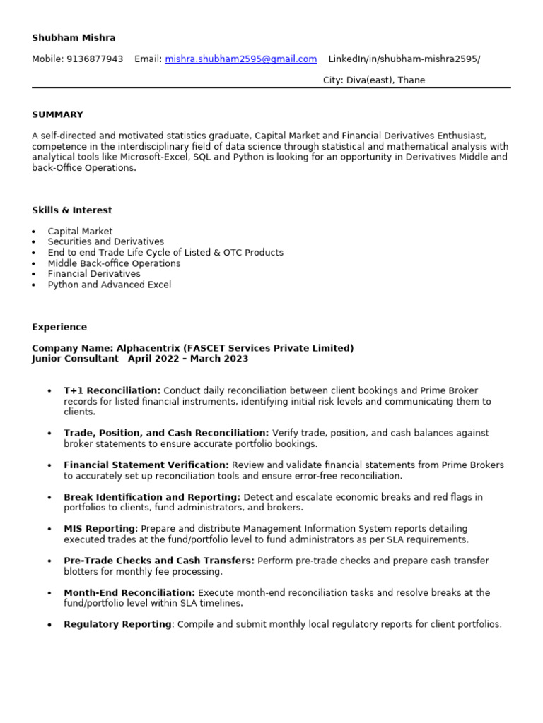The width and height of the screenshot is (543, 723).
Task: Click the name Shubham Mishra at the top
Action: [74, 37]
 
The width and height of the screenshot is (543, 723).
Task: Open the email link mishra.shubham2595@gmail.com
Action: [240, 59]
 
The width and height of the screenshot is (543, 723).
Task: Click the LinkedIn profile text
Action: [404, 59]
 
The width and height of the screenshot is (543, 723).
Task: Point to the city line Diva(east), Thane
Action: [374, 80]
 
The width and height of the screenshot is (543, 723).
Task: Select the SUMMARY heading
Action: [57, 114]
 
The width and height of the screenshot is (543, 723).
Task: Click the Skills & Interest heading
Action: [71, 210]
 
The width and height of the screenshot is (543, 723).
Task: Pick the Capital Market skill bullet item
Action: [80, 232]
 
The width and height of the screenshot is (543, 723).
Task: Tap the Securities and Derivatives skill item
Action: [105, 242]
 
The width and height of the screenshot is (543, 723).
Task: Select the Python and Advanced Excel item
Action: [109, 285]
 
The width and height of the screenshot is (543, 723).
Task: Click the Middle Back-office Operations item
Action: [114, 263]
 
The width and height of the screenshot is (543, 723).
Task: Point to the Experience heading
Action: [59, 328]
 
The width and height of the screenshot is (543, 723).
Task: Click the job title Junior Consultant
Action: [75, 359]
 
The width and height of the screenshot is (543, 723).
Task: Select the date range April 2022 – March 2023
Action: [188, 359]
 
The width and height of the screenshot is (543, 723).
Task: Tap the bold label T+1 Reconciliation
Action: [112, 390]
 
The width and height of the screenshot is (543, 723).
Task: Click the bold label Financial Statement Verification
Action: [146, 465]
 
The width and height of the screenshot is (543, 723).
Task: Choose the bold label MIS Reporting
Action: [99, 529]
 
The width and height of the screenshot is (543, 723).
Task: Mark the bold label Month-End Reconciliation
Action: [129, 593]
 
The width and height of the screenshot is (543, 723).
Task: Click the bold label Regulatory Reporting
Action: [117, 625]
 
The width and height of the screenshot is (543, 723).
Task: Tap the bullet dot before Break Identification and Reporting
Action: [49, 498]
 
